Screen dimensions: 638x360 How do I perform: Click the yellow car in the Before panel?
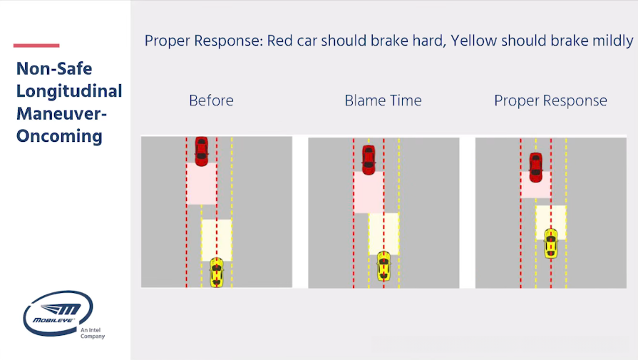217,273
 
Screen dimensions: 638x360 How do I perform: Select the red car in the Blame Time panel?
369,159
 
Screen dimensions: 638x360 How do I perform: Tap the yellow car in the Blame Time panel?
384,266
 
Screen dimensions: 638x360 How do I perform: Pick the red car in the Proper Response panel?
536,166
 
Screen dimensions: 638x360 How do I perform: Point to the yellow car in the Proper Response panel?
550,243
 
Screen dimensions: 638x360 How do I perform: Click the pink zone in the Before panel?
202,185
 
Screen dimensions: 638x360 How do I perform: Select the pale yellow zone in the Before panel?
217,240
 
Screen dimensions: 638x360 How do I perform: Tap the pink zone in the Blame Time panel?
369,192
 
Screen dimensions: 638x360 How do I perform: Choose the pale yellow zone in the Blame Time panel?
384,233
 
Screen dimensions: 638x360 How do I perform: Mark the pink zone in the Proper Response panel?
536,185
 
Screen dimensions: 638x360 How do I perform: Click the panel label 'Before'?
211,101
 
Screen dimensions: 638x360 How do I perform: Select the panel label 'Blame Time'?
383,101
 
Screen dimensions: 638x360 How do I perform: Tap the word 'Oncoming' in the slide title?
59,135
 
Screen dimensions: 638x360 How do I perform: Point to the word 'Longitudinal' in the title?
69,91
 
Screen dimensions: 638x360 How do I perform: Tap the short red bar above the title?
36,46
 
